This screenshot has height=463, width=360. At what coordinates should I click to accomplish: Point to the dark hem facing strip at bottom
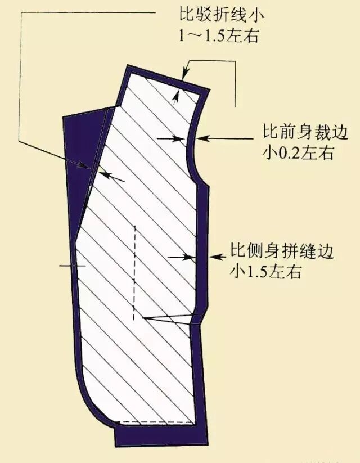point(157,436)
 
